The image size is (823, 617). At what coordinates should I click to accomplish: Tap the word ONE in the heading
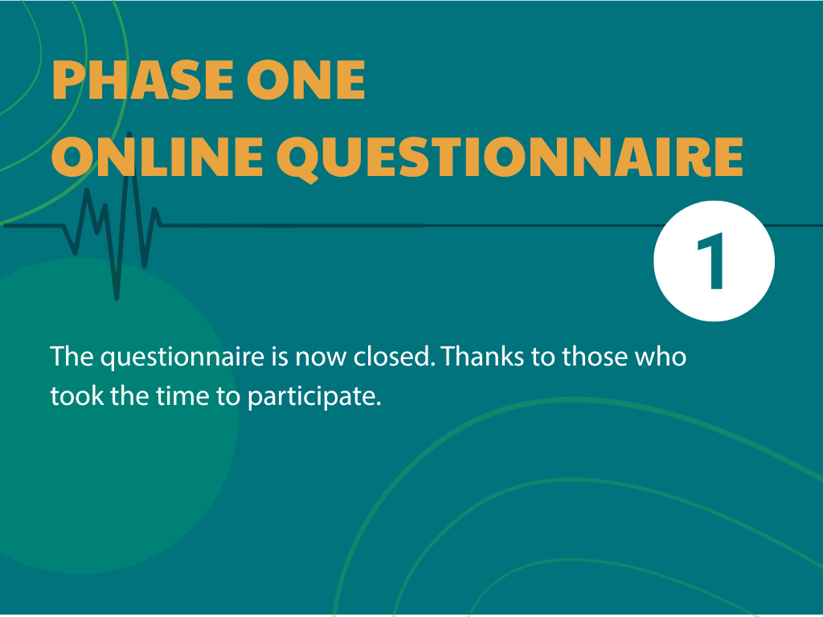(306, 80)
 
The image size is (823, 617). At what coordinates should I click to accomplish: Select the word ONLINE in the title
(157, 157)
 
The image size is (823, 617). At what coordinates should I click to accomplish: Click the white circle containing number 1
(714, 261)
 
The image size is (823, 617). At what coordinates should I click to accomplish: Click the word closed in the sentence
(394, 357)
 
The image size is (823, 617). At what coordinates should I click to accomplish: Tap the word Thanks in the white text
(482, 357)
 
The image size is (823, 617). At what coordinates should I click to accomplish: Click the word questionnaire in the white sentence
(182, 358)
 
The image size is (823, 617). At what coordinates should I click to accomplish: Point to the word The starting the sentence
(72, 357)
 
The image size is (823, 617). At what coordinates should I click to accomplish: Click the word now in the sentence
(321, 359)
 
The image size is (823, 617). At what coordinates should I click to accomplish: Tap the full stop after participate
(378, 405)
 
